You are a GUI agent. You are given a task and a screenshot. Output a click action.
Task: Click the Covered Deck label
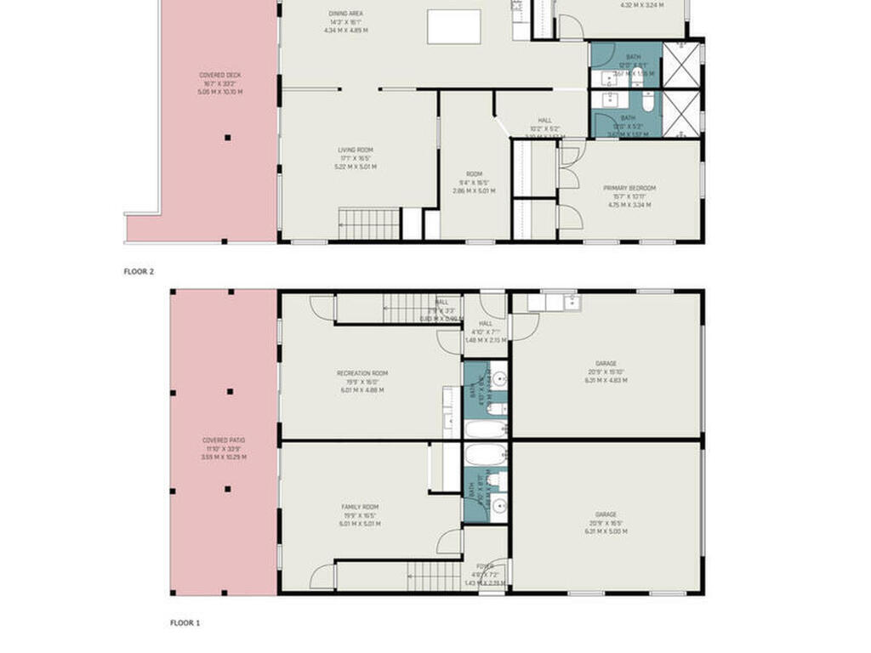click(x=220, y=76)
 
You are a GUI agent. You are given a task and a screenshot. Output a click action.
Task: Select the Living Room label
click(x=356, y=150)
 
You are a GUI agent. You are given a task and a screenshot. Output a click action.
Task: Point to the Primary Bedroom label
click(x=629, y=188)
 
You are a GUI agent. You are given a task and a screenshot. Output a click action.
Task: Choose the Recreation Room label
click(x=362, y=373)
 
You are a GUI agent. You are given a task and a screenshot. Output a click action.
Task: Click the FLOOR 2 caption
click(x=139, y=271)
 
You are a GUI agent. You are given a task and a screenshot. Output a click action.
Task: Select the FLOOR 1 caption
click(x=185, y=622)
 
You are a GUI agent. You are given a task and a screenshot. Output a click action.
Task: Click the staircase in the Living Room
click(x=369, y=224)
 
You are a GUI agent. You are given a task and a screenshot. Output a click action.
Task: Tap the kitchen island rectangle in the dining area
click(x=454, y=26)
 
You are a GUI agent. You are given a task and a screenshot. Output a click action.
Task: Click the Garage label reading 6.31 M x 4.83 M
click(x=606, y=380)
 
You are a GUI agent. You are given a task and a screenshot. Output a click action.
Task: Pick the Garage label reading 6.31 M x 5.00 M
click(x=606, y=531)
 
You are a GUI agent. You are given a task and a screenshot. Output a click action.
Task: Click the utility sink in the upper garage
click(x=552, y=301)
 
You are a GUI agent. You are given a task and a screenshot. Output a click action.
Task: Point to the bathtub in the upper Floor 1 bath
click(x=486, y=428)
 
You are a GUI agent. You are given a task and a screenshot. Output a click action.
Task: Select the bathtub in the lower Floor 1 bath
click(x=486, y=454)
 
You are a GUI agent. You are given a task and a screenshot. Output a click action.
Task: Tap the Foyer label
click(x=485, y=566)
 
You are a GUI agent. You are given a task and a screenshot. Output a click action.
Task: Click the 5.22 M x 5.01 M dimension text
click(x=356, y=167)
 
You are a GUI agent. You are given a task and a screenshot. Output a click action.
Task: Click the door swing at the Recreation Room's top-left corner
click(x=322, y=307)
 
